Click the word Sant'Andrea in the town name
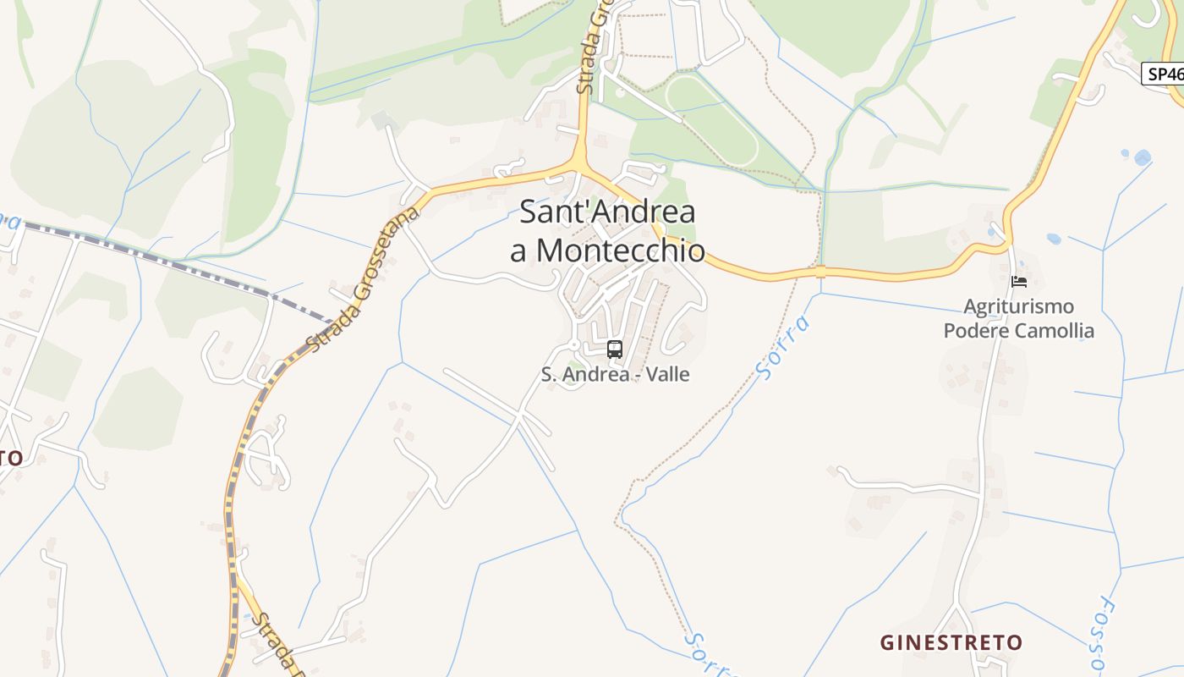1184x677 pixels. tap(607, 212)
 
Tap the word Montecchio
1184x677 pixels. tap(621, 250)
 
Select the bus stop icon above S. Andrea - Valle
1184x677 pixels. tap(615, 349)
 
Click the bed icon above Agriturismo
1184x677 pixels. tap(1018, 282)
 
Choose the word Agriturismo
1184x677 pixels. tap(1019, 306)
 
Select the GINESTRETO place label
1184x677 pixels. tap(951, 643)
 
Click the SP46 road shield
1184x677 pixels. tap(1165, 74)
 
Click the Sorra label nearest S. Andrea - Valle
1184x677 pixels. tap(783, 347)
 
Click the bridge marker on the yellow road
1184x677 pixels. tap(819, 272)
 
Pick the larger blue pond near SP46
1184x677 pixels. tap(1143, 157)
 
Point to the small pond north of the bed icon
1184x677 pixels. tap(1054, 239)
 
